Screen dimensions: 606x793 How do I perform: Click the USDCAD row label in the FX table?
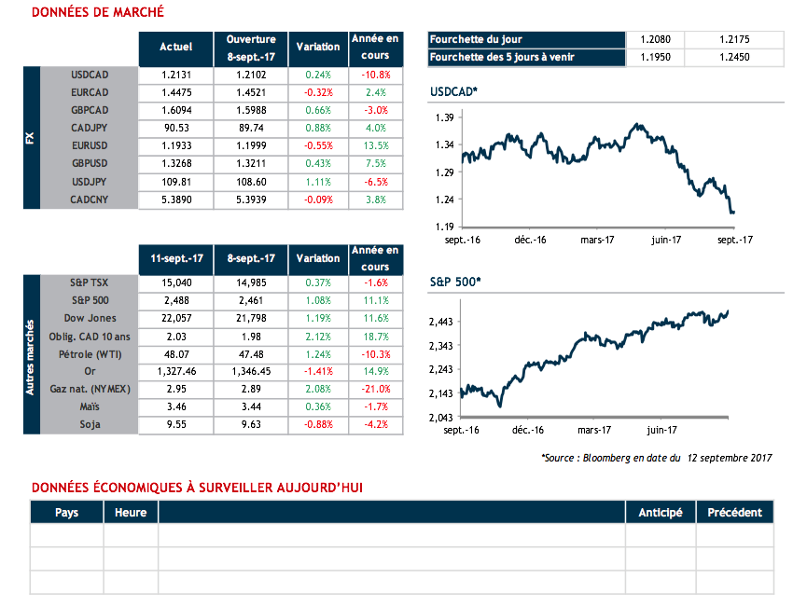click(90, 75)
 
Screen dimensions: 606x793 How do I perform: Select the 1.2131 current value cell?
click(176, 75)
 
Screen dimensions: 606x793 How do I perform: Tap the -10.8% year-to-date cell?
click(376, 75)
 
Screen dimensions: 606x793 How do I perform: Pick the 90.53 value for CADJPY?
click(176, 128)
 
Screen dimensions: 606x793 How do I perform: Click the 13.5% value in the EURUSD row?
click(376, 145)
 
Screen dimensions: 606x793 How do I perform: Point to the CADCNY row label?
click(90, 200)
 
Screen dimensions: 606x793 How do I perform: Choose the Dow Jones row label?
click(91, 319)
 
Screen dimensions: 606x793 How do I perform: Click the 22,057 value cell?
click(176, 319)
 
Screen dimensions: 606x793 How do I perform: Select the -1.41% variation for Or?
click(318, 372)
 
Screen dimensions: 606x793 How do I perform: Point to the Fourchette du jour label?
click(476, 40)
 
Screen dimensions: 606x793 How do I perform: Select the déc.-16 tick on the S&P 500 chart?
click(529, 430)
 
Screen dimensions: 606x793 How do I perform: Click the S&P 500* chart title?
click(454, 281)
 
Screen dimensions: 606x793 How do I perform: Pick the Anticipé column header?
click(660, 513)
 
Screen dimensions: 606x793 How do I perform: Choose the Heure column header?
click(131, 513)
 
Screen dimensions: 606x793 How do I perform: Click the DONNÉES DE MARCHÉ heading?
click(98, 12)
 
